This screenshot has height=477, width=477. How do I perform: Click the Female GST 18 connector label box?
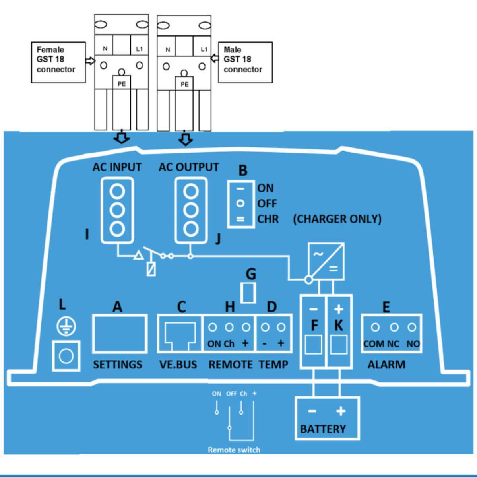[58, 62]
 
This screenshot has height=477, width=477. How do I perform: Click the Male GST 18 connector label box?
[245, 62]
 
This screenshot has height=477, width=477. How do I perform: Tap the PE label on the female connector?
[122, 84]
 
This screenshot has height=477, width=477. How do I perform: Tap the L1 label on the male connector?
[204, 49]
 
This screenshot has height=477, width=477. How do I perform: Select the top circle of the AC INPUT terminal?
[117, 192]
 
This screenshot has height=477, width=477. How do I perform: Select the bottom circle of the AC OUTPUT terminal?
[191, 229]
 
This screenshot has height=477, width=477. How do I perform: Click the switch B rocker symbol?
[240, 204]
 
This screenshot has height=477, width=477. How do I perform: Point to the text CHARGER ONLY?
[337, 219]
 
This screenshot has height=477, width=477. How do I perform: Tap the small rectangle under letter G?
[248, 293]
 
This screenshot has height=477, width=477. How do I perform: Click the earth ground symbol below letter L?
[66, 326]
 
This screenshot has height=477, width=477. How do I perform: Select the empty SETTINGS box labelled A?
[120, 334]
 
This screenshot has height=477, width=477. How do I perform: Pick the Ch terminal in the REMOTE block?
[229, 328]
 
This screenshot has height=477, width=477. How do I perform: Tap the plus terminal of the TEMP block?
[281, 328]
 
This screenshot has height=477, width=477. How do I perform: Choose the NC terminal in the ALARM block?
[394, 328]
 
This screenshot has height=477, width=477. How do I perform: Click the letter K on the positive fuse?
[339, 325]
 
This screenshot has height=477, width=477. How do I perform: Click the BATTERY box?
[327, 418]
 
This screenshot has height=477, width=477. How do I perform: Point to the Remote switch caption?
[234, 450]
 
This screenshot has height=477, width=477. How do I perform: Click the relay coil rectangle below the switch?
[151, 269]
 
